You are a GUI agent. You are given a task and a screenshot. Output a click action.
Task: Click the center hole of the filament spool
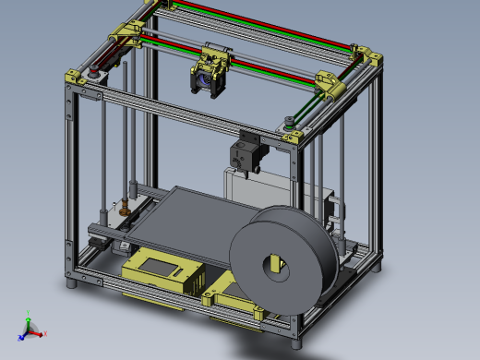tap(277, 265)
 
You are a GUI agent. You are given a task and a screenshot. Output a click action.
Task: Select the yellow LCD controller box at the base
tap(162, 274)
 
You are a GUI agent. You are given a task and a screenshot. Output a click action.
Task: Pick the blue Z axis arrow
tap(23, 334)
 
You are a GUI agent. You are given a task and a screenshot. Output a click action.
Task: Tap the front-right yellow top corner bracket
tap(293, 136)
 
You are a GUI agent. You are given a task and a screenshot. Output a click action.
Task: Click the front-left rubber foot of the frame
tap(72, 283)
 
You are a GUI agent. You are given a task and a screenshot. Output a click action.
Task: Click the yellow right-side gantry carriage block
tap(330, 84)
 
